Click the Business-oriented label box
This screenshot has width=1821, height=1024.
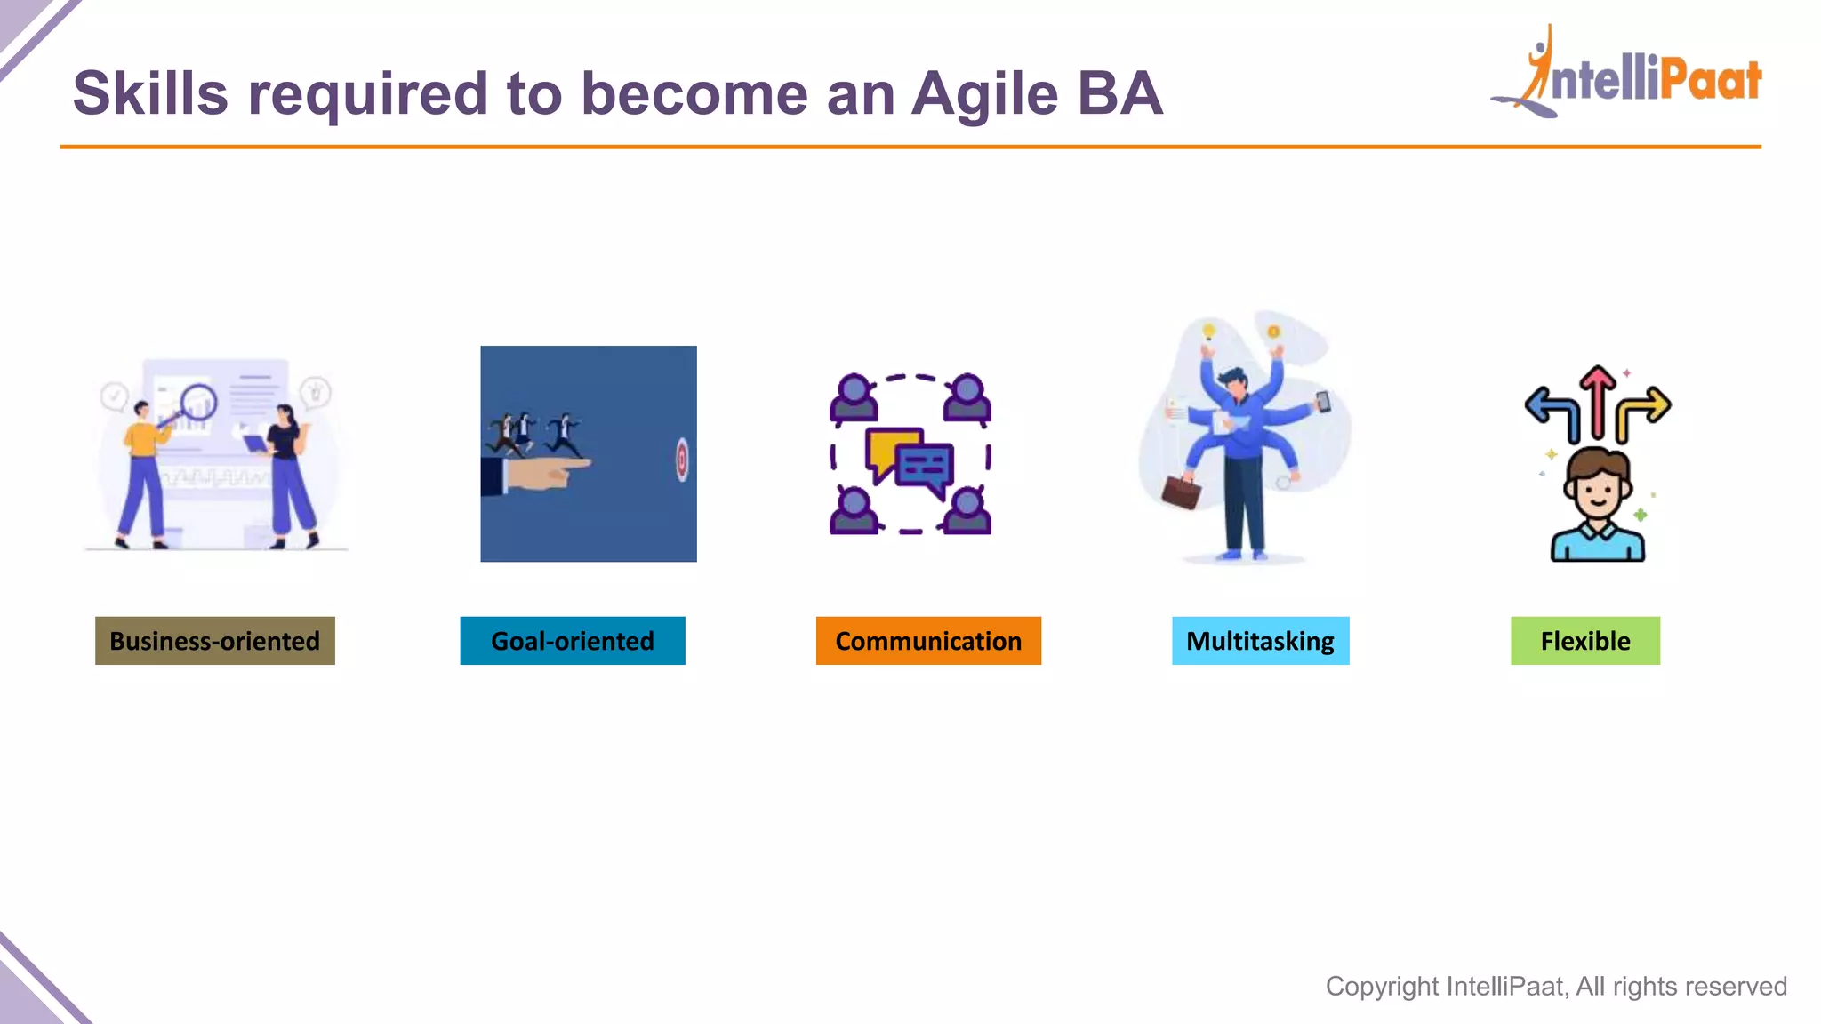[214, 641]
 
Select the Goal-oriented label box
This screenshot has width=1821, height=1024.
[572, 641]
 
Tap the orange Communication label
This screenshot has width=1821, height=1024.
[927, 641]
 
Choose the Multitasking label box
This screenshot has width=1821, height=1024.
[1260, 641]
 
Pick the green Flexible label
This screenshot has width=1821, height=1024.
[1584, 641]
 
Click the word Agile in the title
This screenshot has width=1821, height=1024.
[985, 94]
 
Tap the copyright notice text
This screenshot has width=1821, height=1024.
[1555, 986]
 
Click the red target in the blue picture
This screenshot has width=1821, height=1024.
[682, 460]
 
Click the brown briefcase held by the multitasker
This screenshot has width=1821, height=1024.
[1182, 492]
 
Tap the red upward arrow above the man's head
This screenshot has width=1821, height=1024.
[1598, 400]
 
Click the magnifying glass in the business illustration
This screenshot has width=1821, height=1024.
[197, 402]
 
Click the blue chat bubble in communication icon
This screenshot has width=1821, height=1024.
[926, 468]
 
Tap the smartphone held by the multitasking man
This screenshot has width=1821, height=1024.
[1323, 402]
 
